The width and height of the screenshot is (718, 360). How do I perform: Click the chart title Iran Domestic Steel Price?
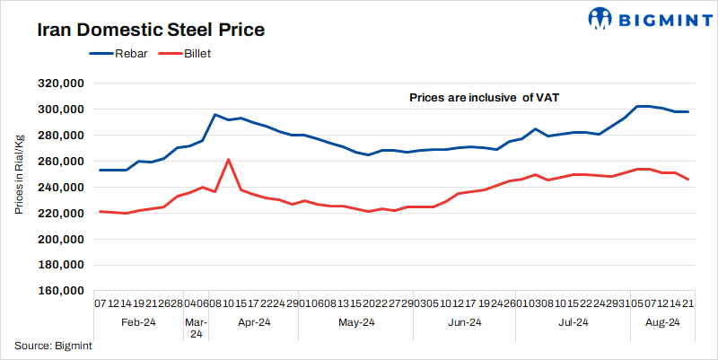pos(151,30)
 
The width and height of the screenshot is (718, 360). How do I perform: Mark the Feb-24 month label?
pos(138,322)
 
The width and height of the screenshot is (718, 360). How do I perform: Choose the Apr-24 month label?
pos(255,322)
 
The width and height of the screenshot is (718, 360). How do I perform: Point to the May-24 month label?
pos(356,322)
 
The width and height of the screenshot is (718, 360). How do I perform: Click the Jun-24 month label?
pos(464,322)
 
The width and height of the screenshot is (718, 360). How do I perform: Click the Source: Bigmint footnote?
pos(53,345)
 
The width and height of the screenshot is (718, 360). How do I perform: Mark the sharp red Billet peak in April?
pos(228,159)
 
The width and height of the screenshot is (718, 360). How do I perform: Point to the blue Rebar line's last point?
pos(687,111)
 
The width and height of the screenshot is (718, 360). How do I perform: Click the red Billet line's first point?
pos(100,211)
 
